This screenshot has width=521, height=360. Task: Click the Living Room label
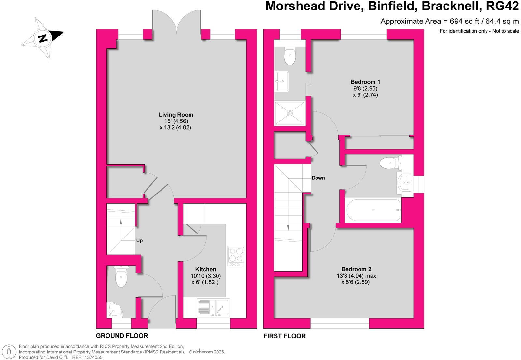pyautogui.click(x=176, y=115)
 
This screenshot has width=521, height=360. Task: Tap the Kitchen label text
pyautogui.click(x=205, y=269)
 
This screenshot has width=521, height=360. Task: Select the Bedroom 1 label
pyautogui.click(x=365, y=82)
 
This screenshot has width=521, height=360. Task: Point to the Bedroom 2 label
pyautogui.click(x=356, y=269)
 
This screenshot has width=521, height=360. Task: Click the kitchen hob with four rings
pyautogui.click(x=236, y=255)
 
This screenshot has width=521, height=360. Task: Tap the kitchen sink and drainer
pyautogui.click(x=213, y=308)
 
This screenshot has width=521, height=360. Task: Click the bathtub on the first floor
pyautogui.click(x=373, y=210)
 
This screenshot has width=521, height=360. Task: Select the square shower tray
pyautogui.click(x=290, y=113)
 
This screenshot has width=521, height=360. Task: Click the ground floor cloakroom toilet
pyautogui.click(x=121, y=277)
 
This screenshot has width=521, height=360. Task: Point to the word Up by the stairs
pyautogui.click(x=139, y=241)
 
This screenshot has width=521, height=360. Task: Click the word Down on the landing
pyautogui.click(x=318, y=178)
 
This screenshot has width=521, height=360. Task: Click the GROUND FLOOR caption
pyautogui.click(x=122, y=336)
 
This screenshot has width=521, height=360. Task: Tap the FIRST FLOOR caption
pyautogui.click(x=285, y=336)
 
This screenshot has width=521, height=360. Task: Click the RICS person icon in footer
pyautogui.click(x=9, y=352)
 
